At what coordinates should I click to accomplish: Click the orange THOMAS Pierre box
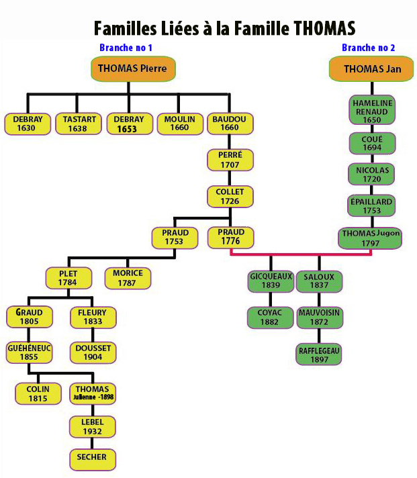pyautogui.click(x=132, y=68)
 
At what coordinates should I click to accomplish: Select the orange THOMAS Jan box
pyautogui.click(x=371, y=68)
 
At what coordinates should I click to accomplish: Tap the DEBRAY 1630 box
pyautogui.click(x=28, y=124)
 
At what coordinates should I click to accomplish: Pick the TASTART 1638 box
pyautogui.click(x=79, y=124)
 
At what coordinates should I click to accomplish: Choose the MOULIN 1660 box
pyautogui.click(x=179, y=124)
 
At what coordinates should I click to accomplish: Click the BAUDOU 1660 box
pyautogui.click(x=230, y=124)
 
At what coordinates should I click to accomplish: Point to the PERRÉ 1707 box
pyautogui.click(x=230, y=160)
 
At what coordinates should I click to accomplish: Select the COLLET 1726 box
pyautogui.click(x=230, y=197)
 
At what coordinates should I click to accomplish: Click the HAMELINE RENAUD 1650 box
pyautogui.click(x=372, y=111)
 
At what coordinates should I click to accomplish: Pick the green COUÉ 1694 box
pyautogui.click(x=372, y=144)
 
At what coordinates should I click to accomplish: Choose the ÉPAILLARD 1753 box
pyautogui.click(x=372, y=206)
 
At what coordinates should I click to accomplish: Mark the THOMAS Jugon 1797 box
pyautogui.click(x=372, y=238)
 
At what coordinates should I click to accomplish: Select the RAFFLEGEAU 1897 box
pyautogui.click(x=319, y=354)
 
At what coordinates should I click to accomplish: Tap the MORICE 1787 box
pyautogui.click(x=128, y=278)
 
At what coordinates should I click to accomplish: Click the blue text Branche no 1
pyautogui.click(x=126, y=48)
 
